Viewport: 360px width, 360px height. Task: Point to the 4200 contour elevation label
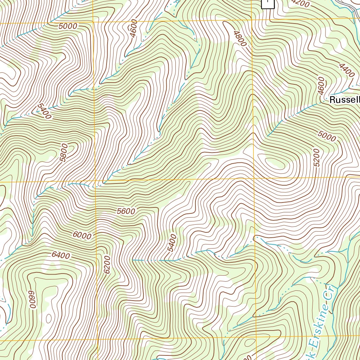pos(301,3)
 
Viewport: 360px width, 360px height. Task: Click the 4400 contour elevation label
pos(347,70)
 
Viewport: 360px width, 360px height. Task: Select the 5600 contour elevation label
pos(126,211)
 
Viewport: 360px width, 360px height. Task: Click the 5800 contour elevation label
pos(64,152)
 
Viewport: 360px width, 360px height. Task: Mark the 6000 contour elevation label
pos(82,236)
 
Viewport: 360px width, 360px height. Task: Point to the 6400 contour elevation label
pos(60,256)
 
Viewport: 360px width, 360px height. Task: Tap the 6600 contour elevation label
pos(32,299)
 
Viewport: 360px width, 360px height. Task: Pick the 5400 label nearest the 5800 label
pos(44,111)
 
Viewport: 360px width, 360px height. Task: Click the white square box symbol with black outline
pos(268,4)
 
